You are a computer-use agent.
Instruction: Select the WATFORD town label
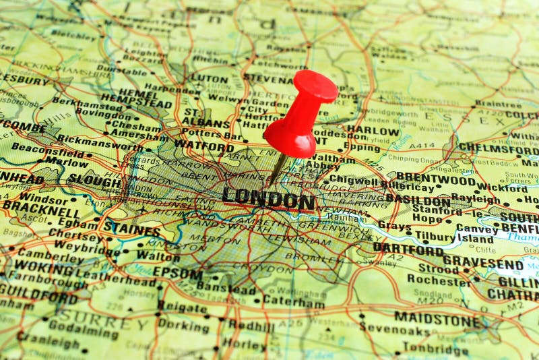point(204,145)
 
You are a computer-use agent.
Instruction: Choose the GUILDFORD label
point(38,297)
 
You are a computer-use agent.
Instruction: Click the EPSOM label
point(177,273)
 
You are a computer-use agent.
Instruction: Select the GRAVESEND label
point(483,264)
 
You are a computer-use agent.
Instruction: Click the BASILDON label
point(418,201)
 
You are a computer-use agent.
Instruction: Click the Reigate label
point(183,307)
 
